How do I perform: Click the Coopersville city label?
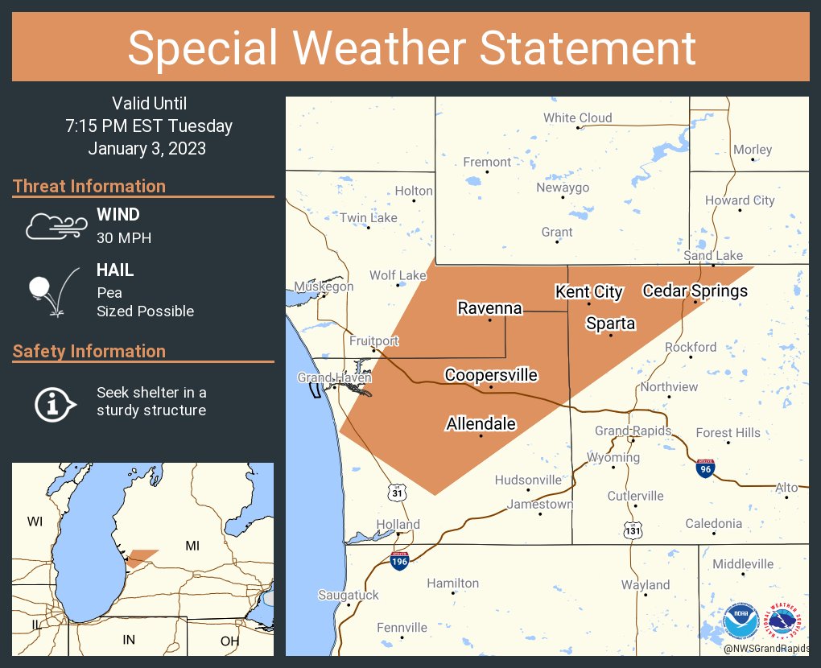pos(491,375)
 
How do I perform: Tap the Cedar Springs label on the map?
pos(695,291)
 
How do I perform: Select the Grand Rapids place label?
pos(633,431)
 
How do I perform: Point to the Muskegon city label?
pos(324,287)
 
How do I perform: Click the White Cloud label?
pos(577,118)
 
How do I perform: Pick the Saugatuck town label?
pos(348,595)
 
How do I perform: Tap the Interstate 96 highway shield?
pos(704,467)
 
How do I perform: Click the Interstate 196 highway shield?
pos(399,560)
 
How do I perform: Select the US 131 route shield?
pos(633,528)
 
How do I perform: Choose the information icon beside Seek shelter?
pos(54,402)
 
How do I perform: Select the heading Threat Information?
pos(89,186)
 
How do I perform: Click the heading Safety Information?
pos(89,351)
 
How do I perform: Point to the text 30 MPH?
pos(124,238)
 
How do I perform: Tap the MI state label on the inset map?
pos(192,546)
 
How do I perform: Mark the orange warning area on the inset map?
pos(142,556)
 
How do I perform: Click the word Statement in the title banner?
pos(588,48)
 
